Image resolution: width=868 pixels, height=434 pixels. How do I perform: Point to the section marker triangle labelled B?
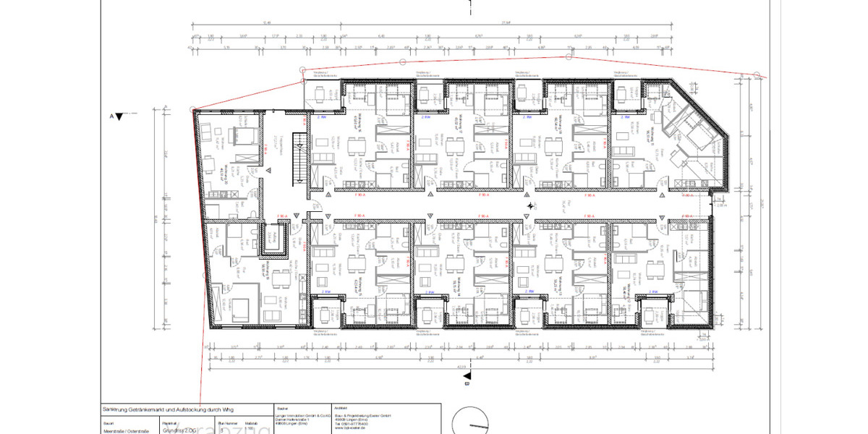(x=468, y=375)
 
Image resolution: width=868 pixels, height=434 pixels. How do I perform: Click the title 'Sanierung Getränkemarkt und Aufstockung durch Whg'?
(x=168, y=410)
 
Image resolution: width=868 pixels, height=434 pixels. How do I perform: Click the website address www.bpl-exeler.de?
(x=353, y=430)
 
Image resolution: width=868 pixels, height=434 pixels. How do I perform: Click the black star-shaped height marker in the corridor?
(x=532, y=206)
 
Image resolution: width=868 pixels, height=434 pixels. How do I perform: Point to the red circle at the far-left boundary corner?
(x=192, y=109)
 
